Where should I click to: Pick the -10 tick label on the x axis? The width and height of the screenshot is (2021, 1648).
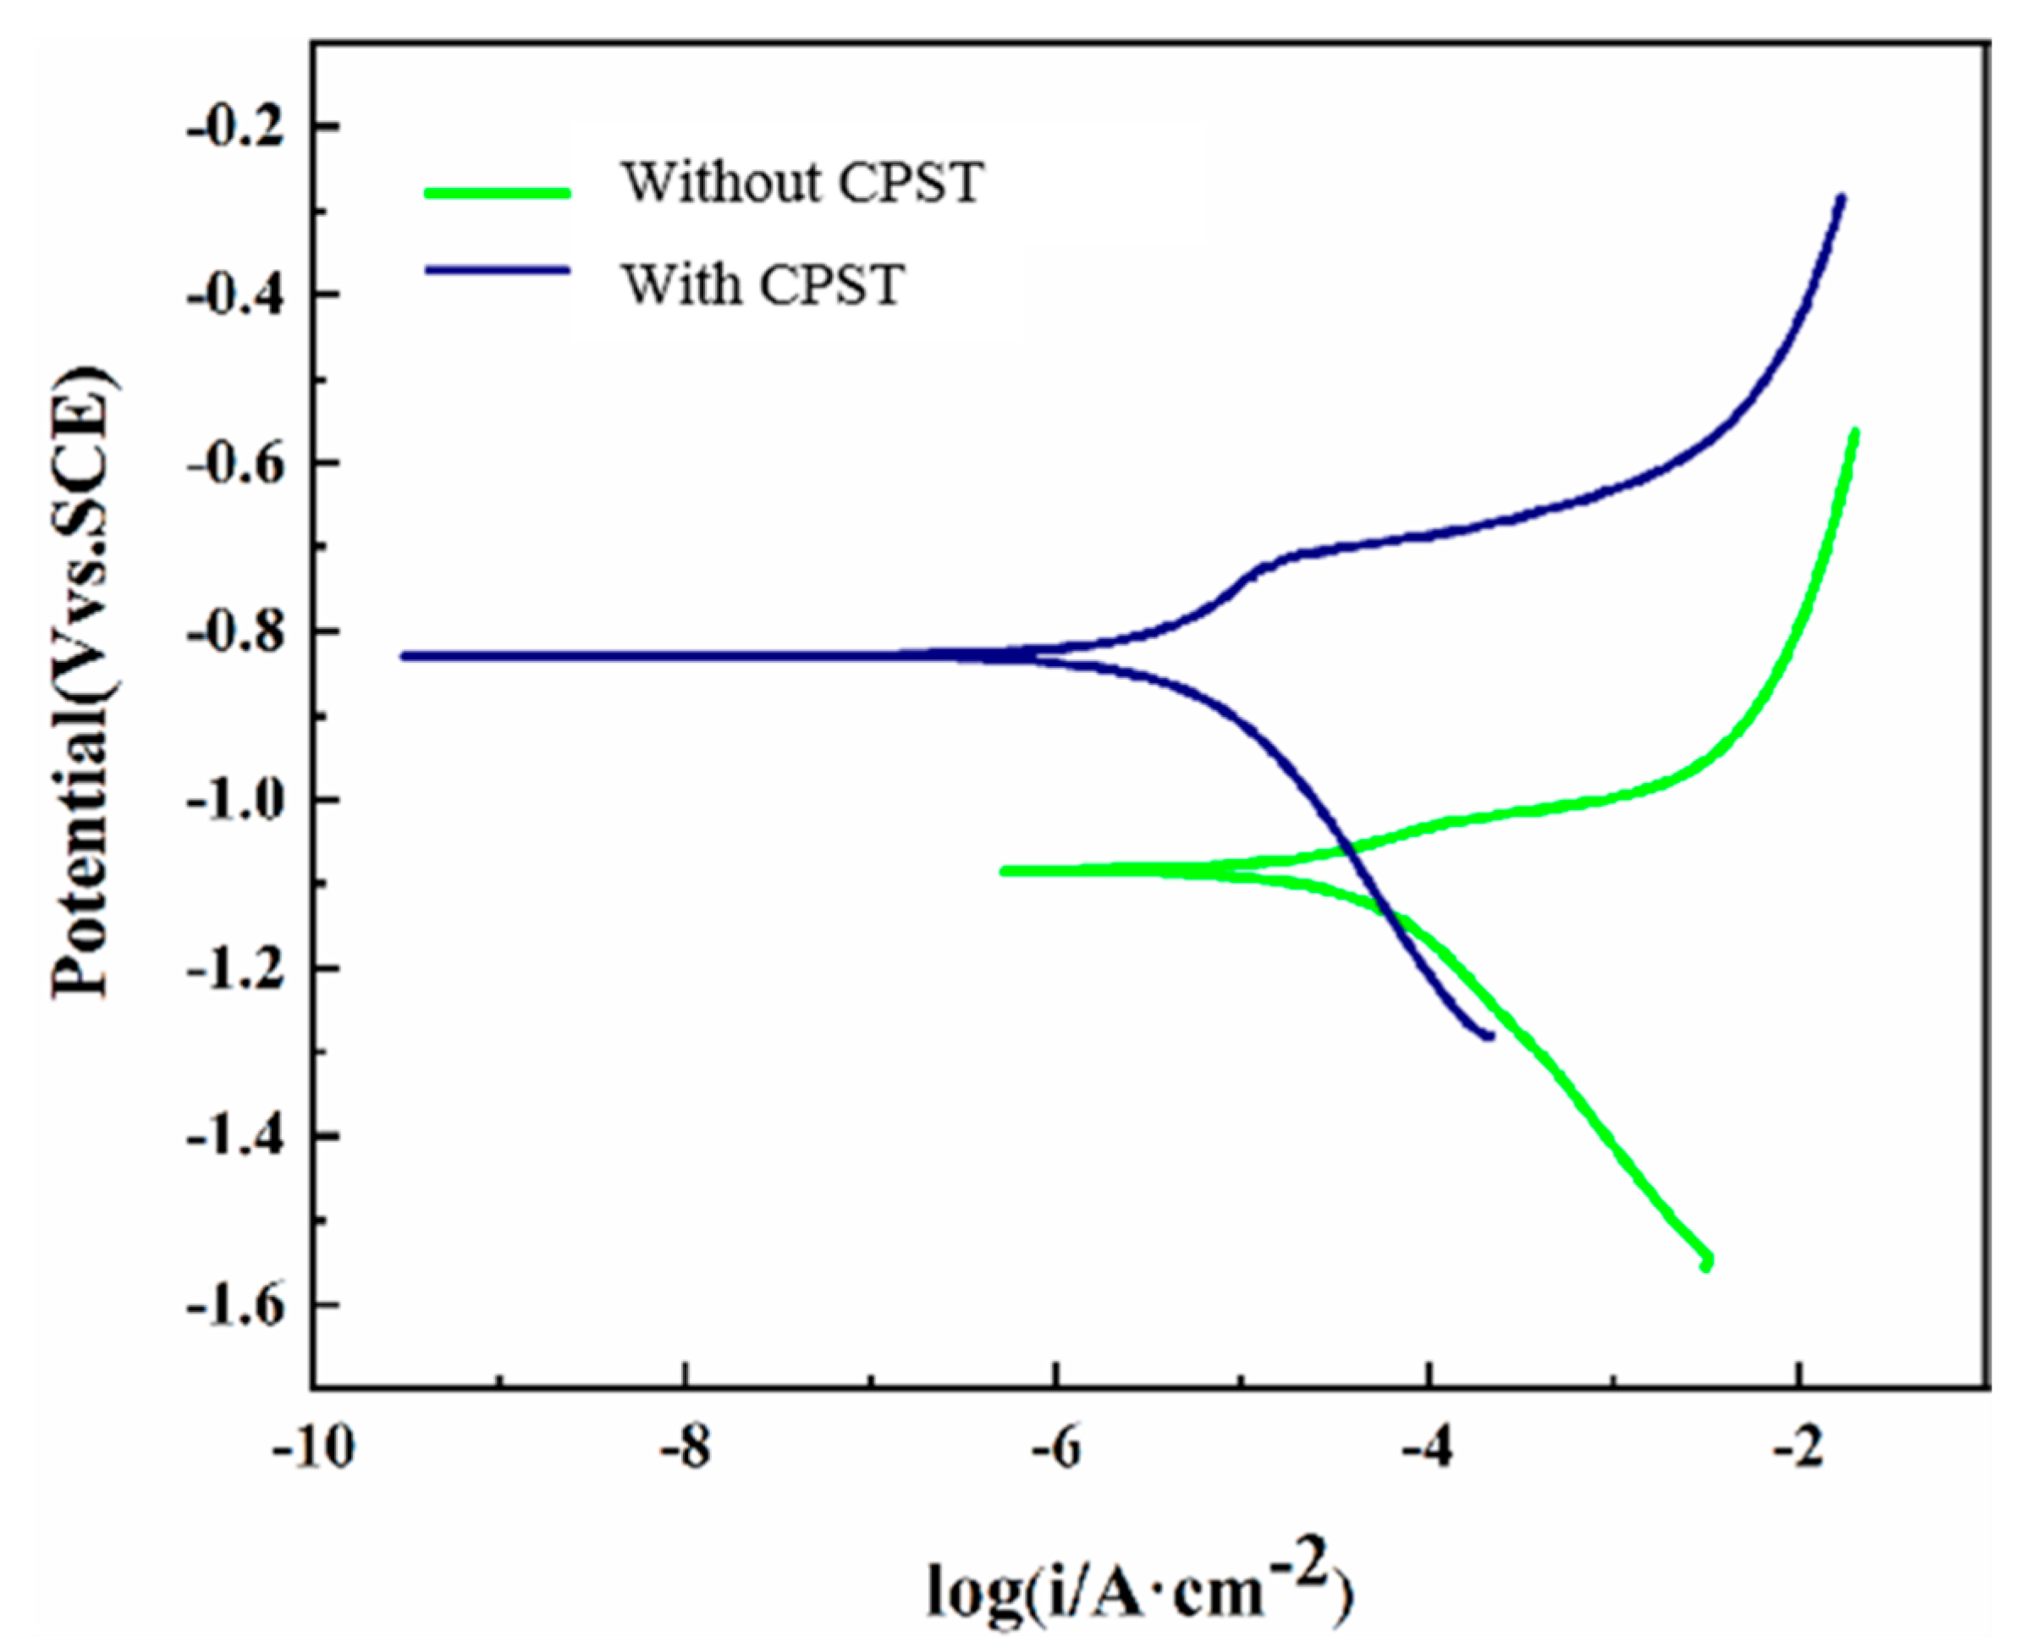pos(313,1451)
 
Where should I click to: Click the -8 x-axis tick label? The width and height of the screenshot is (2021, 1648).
pos(686,1451)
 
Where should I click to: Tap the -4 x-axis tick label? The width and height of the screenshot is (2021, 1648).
pos(1429,1451)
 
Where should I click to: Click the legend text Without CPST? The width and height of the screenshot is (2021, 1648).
pos(802,182)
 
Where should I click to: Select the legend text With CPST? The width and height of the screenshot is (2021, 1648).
pos(763,284)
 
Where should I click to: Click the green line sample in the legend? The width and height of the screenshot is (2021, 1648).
pos(498,193)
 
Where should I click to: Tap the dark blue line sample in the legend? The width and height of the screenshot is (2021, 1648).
pos(498,271)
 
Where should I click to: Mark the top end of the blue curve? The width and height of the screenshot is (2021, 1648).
pos(1842,197)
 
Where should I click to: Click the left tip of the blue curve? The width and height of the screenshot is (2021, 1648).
pos(404,656)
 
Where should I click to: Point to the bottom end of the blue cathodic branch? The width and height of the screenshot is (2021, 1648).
pos(1492,1036)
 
